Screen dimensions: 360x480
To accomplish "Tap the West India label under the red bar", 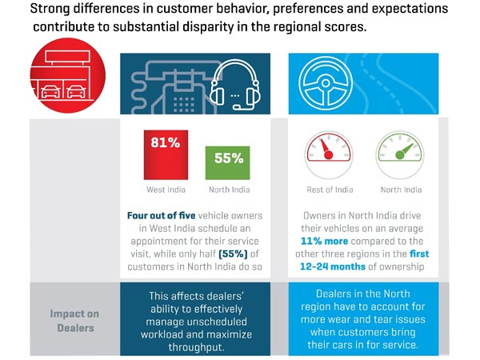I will point(166,190).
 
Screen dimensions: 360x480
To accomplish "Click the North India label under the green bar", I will point(228,190).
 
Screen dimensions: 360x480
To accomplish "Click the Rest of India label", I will point(330,190).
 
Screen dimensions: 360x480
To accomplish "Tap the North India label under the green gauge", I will point(401,190).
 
